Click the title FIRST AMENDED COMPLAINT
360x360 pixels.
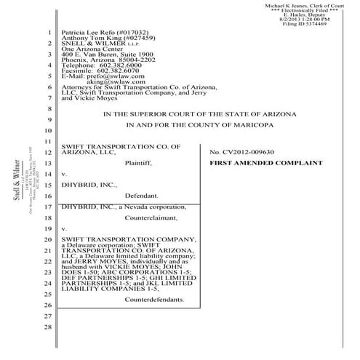point(265,164)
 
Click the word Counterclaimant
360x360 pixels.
point(151,217)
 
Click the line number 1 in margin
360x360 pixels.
point(49,33)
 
